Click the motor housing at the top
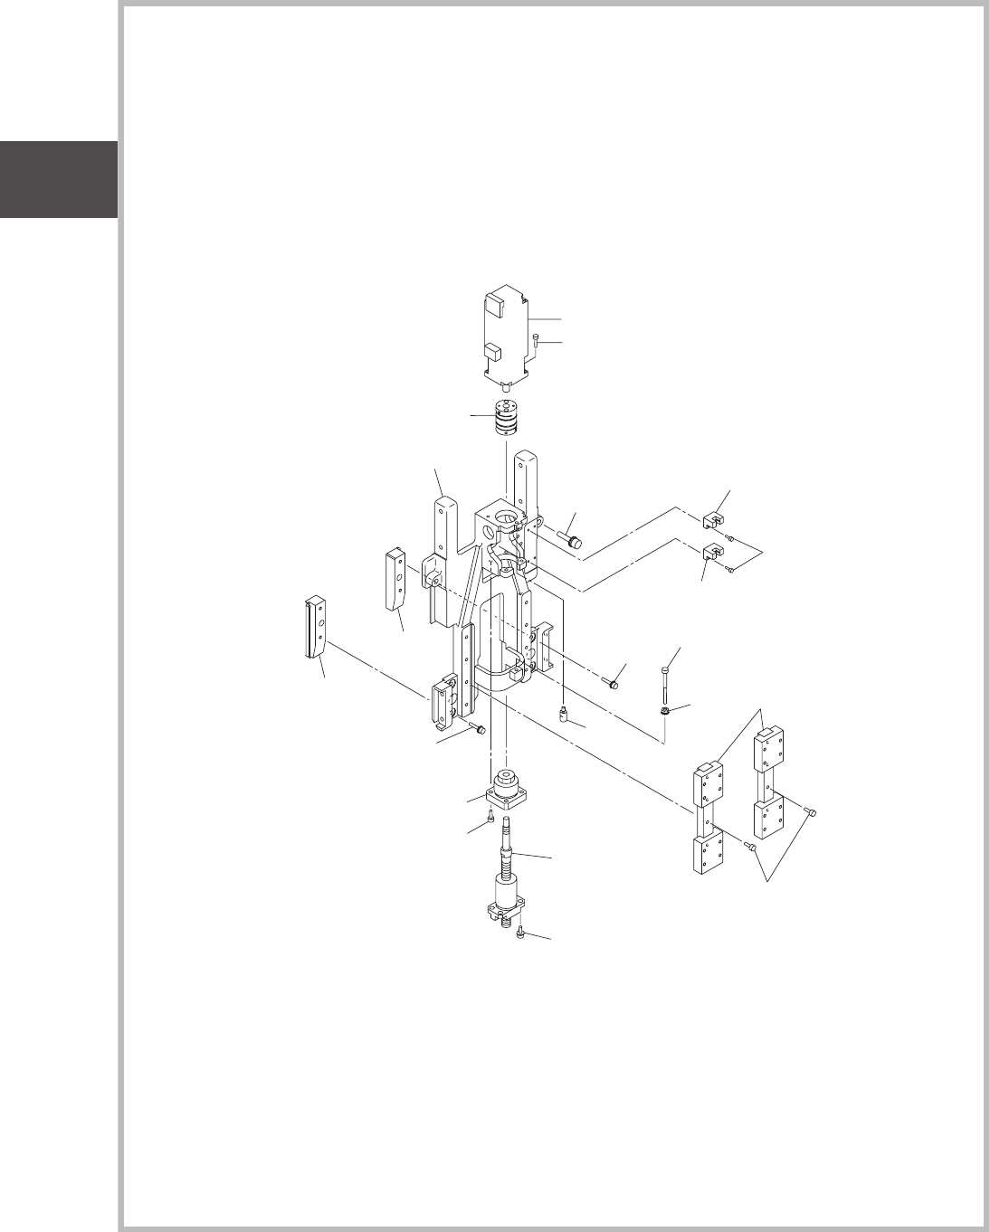tap(506, 330)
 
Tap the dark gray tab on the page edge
tap(58, 179)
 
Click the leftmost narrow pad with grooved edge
tap(314, 626)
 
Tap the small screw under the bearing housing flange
tap(490, 817)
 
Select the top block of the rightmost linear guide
tap(769, 750)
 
